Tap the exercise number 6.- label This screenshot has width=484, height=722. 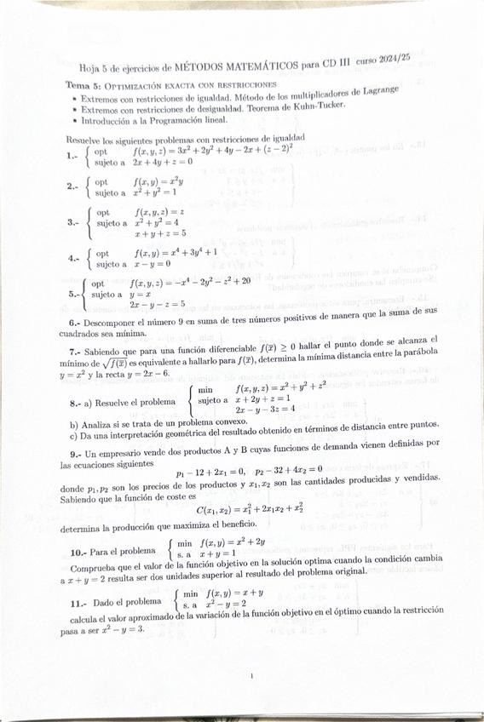tap(75, 324)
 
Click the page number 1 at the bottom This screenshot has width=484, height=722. tap(252, 676)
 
